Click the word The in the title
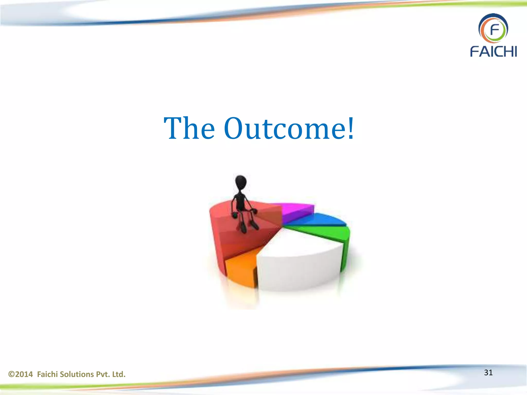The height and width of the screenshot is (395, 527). point(189,129)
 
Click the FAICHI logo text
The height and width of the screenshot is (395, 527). point(493,51)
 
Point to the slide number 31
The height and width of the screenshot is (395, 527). point(488,373)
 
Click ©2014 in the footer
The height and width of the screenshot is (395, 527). point(21,374)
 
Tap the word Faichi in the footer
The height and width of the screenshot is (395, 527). point(47,374)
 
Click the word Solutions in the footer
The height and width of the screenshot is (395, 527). point(77,374)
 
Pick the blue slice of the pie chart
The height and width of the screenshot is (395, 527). point(319,220)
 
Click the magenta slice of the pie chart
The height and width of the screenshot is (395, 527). point(296,210)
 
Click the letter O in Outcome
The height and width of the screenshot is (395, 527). point(235,129)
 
